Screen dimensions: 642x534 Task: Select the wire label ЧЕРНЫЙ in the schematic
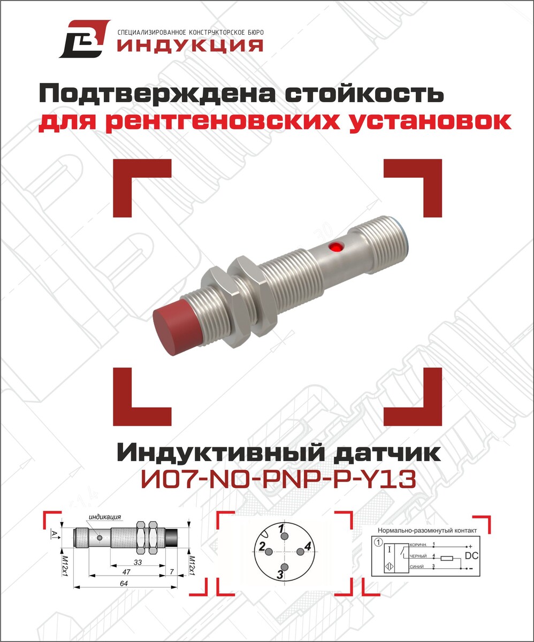click(x=418, y=557)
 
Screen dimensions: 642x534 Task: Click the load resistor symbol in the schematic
click(x=447, y=558)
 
